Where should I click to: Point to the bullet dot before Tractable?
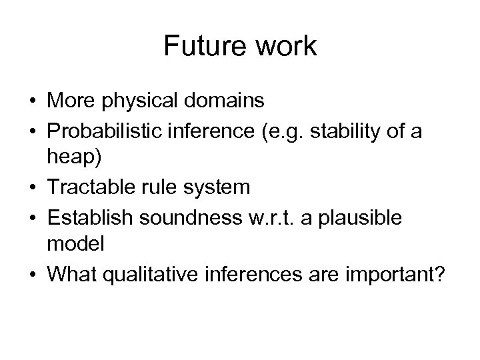(x=33, y=188)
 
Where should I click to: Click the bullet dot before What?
(x=33, y=274)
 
